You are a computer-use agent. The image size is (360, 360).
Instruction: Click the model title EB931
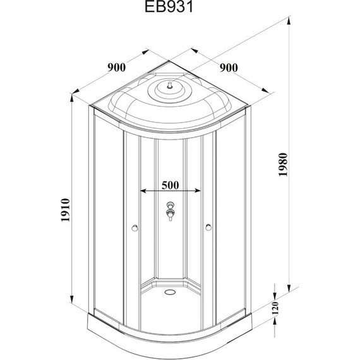(169, 7)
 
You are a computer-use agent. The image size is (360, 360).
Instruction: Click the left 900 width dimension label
(117, 68)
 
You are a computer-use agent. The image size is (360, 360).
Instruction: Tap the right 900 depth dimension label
(229, 68)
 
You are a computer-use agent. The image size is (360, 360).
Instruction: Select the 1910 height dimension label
(65, 210)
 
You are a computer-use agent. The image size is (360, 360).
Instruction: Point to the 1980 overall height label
(283, 164)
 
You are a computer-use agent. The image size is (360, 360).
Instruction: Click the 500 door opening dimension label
(170, 185)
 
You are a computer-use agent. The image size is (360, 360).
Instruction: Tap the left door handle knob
(135, 228)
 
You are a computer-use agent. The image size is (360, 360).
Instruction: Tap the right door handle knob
(208, 227)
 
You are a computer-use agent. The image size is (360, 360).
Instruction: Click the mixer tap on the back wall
(170, 211)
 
